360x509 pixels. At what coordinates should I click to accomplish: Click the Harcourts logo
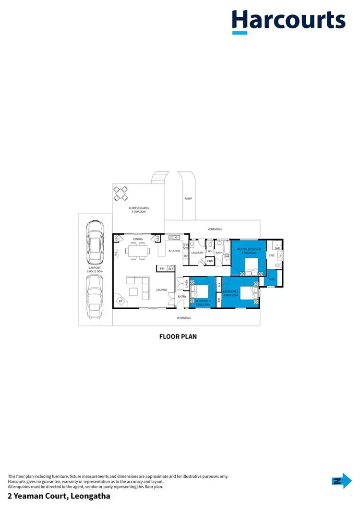click(288, 21)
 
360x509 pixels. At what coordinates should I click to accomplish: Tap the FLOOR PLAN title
click(178, 337)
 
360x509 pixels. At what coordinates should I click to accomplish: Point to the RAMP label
click(188, 198)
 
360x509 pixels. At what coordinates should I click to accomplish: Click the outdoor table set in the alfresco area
click(120, 194)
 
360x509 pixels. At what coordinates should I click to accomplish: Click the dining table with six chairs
click(138, 250)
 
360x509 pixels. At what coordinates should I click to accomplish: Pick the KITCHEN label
click(174, 251)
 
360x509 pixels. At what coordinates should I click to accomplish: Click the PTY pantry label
click(162, 269)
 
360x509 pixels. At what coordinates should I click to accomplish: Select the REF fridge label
click(170, 269)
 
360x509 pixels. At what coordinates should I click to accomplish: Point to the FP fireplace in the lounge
click(120, 301)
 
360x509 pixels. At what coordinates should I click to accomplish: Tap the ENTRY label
click(182, 297)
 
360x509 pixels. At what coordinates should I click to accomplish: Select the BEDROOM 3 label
click(200, 301)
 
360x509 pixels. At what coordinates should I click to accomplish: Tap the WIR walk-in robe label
click(271, 279)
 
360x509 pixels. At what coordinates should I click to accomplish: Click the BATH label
click(219, 253)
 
